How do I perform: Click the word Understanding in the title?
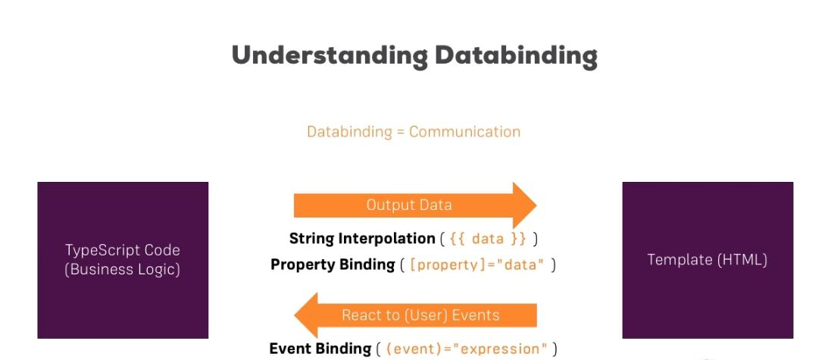point(330,55)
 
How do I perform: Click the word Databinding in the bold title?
point(516,55)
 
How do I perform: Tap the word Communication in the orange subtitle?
point(465,131)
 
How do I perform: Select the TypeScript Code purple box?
point(123,260)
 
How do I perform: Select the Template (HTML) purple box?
point(708,260)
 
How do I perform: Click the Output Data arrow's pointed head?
point(536,205)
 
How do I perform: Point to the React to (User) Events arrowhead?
point(295,315)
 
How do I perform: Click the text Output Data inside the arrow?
point(409,205)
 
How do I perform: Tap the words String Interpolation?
point(363,239)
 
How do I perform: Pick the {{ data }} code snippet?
point(488,239)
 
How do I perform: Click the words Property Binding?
point(333,264)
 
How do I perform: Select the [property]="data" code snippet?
point(477,264)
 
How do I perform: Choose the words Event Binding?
point(320,349)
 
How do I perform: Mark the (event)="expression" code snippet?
point(467,349)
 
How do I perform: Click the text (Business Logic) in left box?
point(123,269)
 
